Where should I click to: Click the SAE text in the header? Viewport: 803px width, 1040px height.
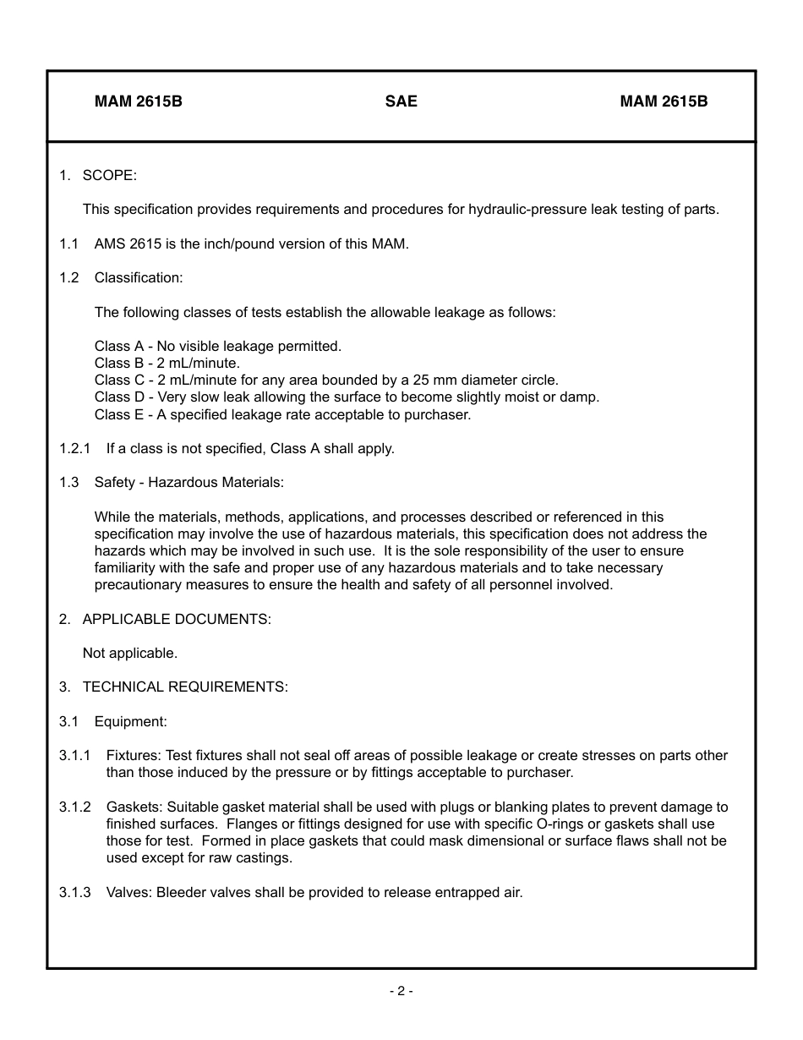401,101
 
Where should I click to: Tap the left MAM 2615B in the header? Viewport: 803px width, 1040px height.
139,101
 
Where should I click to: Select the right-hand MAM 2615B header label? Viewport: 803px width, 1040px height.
664,101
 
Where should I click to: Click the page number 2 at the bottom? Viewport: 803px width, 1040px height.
401,991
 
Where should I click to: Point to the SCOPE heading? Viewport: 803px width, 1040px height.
109,175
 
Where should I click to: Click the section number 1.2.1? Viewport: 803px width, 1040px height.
74,448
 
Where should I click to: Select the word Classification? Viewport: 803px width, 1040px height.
138,277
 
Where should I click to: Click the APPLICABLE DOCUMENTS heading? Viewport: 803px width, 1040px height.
177,619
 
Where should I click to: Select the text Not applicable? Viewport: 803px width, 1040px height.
130,653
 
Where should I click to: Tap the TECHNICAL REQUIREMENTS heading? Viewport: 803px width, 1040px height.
185,687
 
